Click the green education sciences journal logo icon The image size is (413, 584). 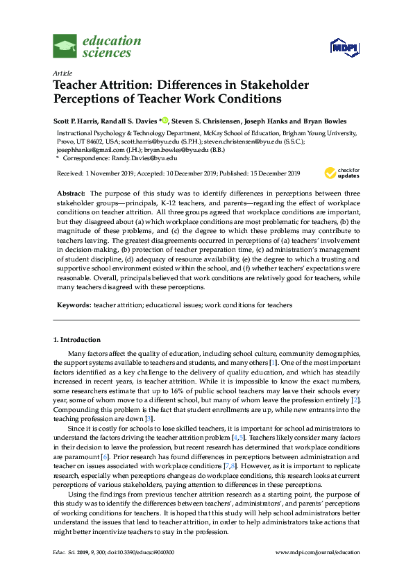click(x=65, y=46)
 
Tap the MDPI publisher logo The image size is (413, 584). click(x=343, y=46)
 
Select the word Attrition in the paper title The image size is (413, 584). click(x=127, y=85)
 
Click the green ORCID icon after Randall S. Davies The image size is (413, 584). click(x=166, y=119)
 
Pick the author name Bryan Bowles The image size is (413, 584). click(x=326, y=119)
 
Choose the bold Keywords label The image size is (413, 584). click(x=73, y=304)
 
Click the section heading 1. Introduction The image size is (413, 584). click(x=76, y=340)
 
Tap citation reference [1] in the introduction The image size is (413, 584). click(x=274, y=363)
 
